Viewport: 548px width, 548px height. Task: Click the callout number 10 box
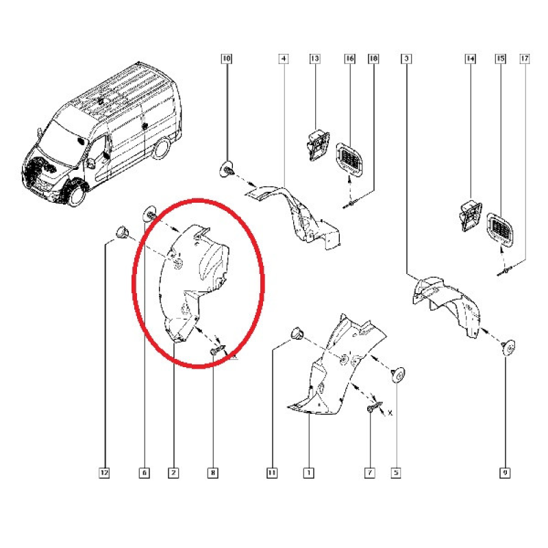point(227,60)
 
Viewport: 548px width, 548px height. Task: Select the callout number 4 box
point(282,60)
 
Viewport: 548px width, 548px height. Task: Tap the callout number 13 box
point(315,60)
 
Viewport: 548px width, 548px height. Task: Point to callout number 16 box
point(349,60)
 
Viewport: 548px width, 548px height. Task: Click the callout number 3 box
point(407,60)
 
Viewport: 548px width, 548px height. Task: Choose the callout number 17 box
point(525,60)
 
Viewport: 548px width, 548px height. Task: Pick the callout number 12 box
point(104,472)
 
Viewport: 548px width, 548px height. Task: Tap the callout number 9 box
point(506,472)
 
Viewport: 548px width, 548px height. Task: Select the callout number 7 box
point(370,472)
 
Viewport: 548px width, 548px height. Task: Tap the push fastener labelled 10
point(227,168)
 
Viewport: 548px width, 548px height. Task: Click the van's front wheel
point(73,194)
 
